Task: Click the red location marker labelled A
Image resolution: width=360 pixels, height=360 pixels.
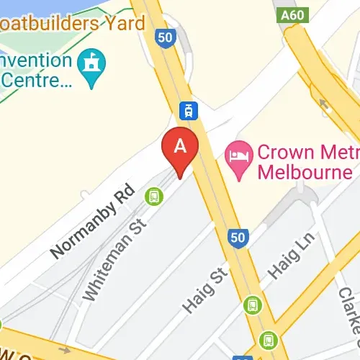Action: coord(180,148)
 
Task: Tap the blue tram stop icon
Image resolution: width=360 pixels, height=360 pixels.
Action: coord(188,110)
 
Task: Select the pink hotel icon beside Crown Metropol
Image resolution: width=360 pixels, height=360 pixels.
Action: coord(238,153)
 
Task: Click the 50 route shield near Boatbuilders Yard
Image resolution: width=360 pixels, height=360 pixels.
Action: coord(167,37)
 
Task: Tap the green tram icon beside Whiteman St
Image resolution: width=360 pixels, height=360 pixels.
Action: coord(153,195)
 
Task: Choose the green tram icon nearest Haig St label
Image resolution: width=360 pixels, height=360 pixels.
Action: coord(251,305)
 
